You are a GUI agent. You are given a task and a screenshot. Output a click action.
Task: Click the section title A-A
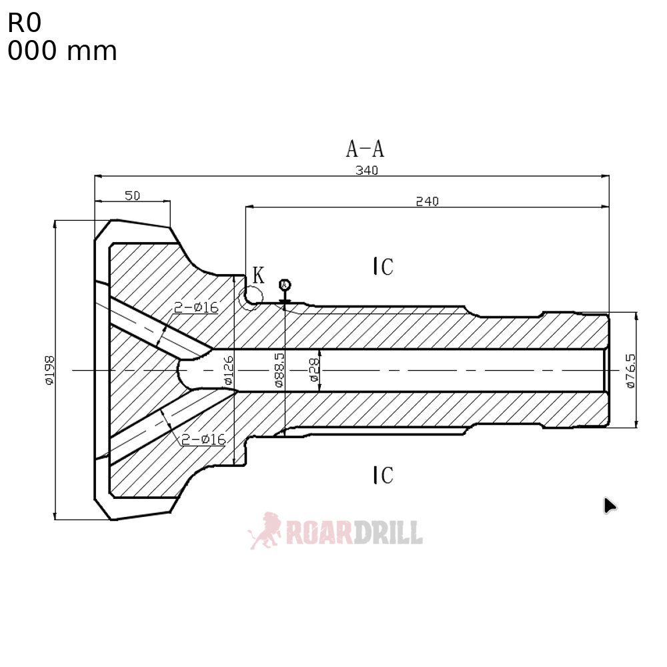365,148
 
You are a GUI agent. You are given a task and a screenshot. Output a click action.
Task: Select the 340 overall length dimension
366,170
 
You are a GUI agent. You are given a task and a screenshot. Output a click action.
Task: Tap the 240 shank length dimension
427,201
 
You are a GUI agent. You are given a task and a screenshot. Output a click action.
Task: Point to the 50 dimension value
132,195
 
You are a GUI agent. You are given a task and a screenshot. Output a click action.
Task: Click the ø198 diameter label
49,370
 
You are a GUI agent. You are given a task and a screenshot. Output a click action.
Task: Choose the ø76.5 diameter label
630,370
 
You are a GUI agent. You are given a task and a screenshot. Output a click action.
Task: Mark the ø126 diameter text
227,371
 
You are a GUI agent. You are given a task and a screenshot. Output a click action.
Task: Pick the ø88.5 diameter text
279,371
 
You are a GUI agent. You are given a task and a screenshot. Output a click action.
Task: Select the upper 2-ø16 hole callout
196,307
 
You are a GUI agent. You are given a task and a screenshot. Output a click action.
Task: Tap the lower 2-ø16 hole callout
203,439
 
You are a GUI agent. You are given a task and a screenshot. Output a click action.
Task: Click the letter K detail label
258,274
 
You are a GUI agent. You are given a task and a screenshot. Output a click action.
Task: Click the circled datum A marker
285,285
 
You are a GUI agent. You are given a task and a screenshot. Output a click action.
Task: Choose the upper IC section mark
383,267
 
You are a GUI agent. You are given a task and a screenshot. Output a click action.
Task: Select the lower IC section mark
383,475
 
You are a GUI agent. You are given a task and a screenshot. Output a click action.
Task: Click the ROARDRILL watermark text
354,532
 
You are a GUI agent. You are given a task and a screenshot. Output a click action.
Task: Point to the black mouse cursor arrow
609,506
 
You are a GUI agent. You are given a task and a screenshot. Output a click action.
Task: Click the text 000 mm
62,51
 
